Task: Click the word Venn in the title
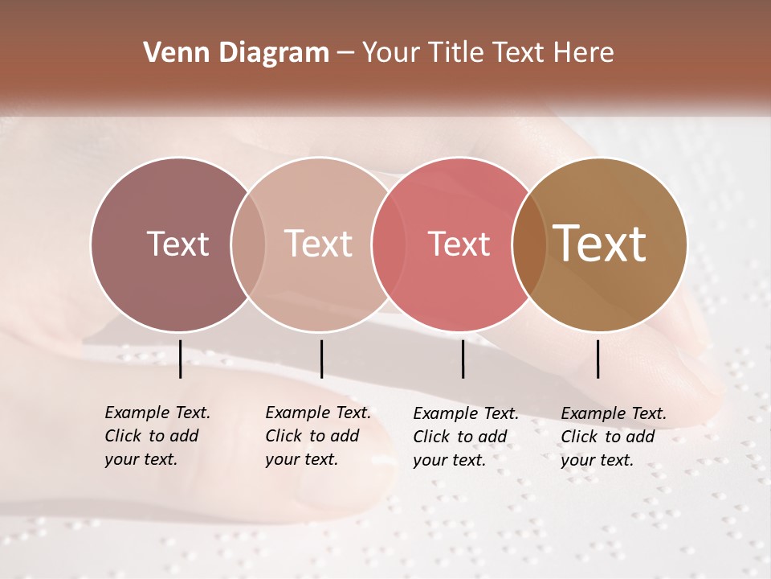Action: [x=169, y=53]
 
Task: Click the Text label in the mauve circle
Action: [x=177, y=244]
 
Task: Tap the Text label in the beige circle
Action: [x=319, y=244]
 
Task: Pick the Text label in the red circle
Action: [x=459, y=244]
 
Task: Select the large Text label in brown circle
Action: [x=600, y=244]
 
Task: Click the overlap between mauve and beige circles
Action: [x=248, y=244]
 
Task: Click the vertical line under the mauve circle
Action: [x=180, y=359]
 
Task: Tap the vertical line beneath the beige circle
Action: [x=321, y=359]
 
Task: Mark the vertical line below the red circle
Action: [x=463, y=359]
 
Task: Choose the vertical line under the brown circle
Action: [x=598, y=359]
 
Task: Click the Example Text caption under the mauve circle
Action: [x=157, y=436]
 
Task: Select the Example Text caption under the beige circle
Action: [x=317, y=436]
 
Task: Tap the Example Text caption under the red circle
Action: [x=465, y=437]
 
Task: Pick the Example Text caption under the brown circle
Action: [x=613, y=437]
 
